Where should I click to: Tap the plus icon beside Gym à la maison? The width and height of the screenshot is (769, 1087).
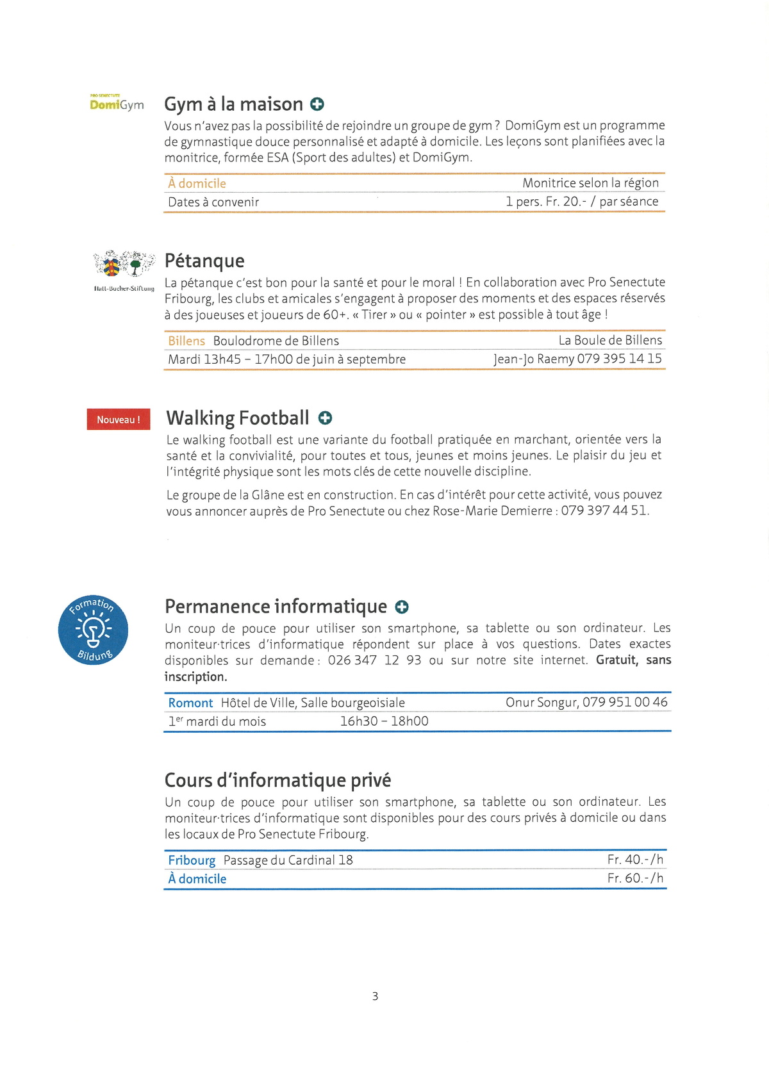317,104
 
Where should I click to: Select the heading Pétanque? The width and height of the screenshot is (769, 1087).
204,261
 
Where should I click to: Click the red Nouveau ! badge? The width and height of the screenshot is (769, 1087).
119,420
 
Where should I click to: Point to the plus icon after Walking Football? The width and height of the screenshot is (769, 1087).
325,418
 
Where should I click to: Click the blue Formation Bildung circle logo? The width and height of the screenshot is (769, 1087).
94,630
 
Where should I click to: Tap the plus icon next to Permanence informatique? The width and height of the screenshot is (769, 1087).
402,607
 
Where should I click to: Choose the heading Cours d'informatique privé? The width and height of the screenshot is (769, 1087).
277,780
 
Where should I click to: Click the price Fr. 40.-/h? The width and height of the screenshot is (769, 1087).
635,860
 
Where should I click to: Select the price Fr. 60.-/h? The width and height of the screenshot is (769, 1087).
635,878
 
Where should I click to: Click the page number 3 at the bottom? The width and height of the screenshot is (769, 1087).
375,996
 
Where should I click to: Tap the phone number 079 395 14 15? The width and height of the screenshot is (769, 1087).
619,359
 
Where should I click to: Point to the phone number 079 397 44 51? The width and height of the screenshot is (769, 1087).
604,511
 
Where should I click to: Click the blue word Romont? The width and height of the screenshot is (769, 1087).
190,703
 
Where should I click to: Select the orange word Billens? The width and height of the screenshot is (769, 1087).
186,341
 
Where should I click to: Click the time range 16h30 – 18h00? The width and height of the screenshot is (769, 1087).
384,721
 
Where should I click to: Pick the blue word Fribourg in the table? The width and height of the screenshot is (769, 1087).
192,860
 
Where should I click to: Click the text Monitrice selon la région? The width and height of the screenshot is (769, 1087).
590,183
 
